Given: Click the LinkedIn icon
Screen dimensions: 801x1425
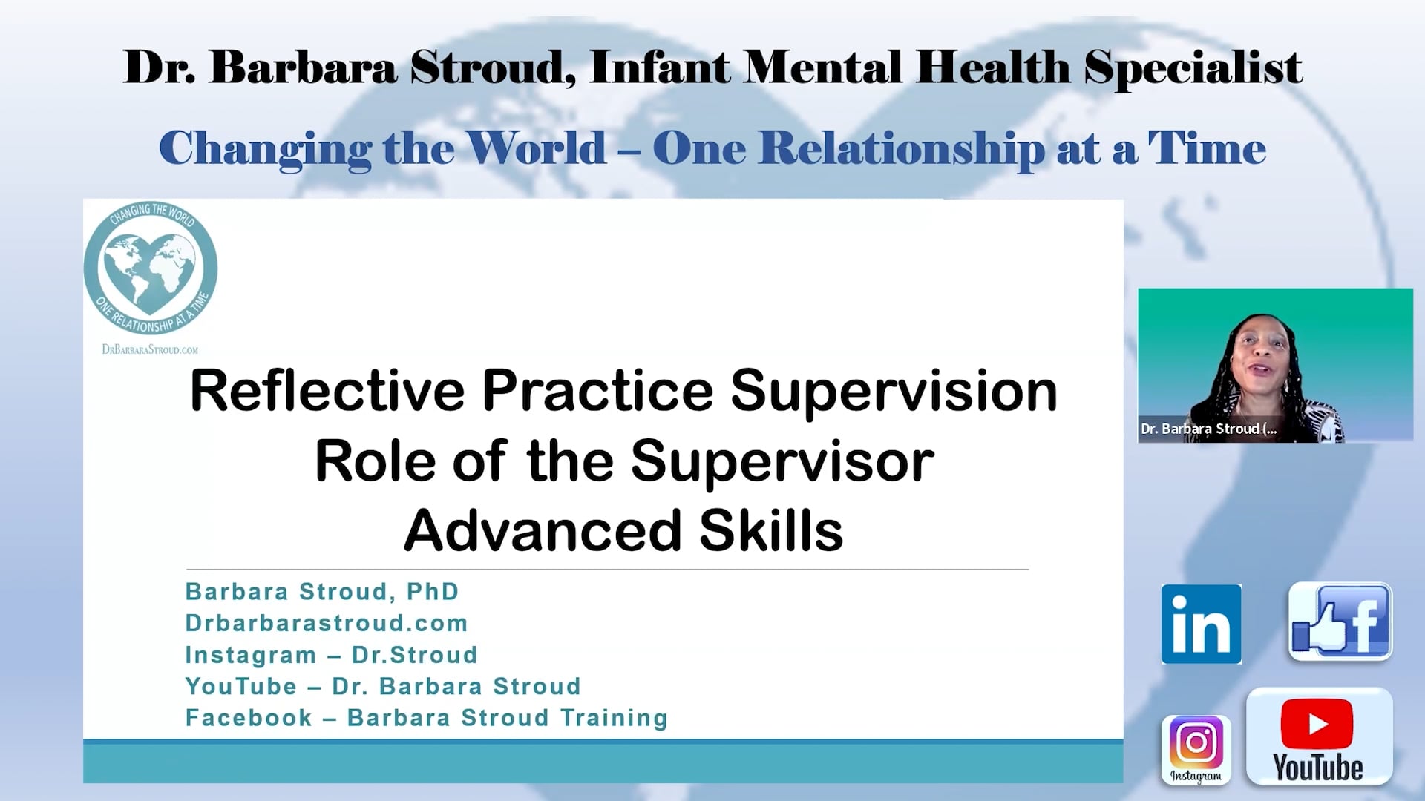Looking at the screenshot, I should (x=1201, y=624).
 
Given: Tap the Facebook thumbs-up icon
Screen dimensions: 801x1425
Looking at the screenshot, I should (x=1340, y=622).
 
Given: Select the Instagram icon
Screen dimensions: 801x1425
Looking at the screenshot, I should (x=1196, y=749).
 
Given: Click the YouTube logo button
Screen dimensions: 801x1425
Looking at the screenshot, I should (x=1318, y=737).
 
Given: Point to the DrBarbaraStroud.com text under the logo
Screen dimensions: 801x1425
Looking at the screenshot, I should (x=150, y=349).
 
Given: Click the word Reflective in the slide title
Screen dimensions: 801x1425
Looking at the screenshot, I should (x=327, y=391).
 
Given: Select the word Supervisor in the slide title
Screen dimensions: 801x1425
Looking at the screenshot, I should (x=782, y=461).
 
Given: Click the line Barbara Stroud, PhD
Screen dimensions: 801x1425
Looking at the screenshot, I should (x=322, y=592).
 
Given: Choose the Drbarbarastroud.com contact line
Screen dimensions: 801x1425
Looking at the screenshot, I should (x=327, y=623).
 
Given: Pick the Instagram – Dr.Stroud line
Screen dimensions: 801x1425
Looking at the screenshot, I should (x=331, y=655).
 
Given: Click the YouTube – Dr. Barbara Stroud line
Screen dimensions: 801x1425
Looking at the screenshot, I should (x=383, y=686).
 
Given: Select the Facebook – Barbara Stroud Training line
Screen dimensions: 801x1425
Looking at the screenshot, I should (x=427, y=718).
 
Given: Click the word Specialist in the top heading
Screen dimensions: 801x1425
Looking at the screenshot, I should (x=1192, y=68).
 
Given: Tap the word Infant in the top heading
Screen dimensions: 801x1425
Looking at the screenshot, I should (x=660, y=68).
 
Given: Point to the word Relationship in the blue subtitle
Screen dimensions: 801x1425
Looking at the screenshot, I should (x=901, y=148).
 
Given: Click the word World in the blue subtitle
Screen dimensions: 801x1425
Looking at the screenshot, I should (x=537, y=148).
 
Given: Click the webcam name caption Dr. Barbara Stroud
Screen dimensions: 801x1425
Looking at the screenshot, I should (x=1208, y=429).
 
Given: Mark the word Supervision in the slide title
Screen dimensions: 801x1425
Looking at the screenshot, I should (x=894, y=391).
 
